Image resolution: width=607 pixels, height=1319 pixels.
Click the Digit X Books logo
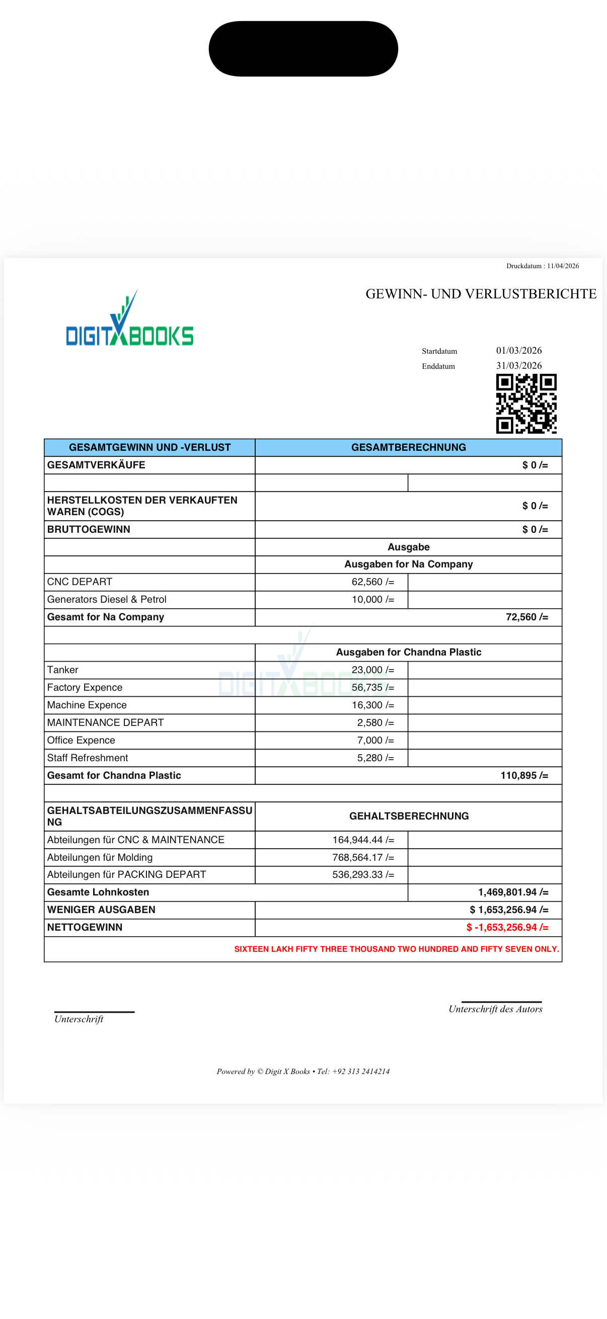pyautogui.click(x=129, y=319)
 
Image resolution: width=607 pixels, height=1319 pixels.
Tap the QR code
pyautogui.click(x=526, y=403)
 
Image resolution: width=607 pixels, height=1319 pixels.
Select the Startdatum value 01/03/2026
pyautogui.click(x=518, y=351)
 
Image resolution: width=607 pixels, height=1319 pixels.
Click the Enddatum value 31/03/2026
pyautogui.click(x=518, y=366)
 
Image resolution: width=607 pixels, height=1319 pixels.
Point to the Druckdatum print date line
pyautogui.click(x=542, y=266)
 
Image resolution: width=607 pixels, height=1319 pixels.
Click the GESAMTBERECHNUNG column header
pyautogui.click(x=408, y=448)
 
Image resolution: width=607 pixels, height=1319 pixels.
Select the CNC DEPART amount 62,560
pyautogui.click(x=372, y=582)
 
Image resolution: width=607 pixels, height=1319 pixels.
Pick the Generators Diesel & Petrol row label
pyautogui.click(x=107, y=600)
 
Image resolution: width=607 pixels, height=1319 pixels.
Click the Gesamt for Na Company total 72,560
pyautogui.click(x=526, y=618)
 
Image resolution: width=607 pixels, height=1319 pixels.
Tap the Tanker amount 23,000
pyautogui.click(x=372, y=670)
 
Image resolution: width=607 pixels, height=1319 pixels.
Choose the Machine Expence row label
pyautogui.click(x=87, y=705)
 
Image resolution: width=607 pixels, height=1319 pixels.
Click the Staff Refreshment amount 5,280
pyautogui.click(x=375, y=758)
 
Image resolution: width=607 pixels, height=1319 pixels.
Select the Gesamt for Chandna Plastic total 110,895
pyautogui.click(x=523, y=776)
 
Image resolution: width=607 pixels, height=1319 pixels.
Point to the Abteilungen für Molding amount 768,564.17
pyautogui.click(x=363, y=858)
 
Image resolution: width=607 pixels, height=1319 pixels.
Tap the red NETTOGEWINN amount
pyautogui.click(x=507, y=928)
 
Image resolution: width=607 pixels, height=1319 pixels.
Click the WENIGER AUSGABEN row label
pyautogui.click(x=101, y=910)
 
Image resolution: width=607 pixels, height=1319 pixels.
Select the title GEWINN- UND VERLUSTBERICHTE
pyautogui.click(x=481, y=294)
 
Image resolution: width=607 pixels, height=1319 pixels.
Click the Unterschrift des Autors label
pyautogui.click(x=495, y=1009)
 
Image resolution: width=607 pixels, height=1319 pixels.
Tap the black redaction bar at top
pyautogui.click(x=303, y=49)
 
